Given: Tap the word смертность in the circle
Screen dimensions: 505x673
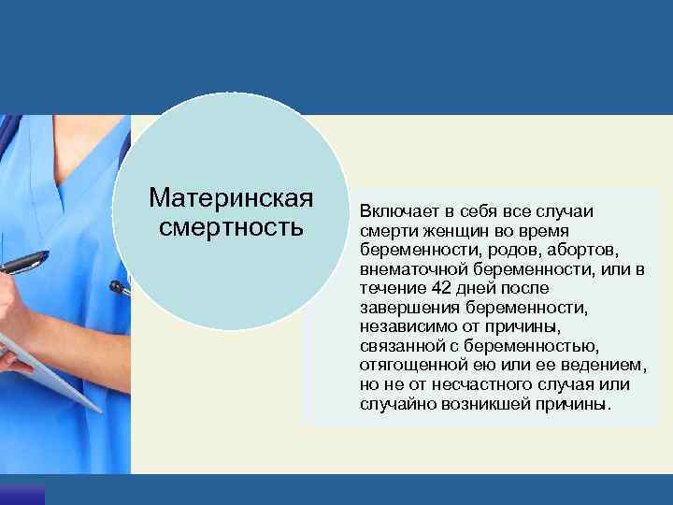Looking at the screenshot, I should [x=231, y=226].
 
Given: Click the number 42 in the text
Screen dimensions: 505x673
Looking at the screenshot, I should [x=427, y=289].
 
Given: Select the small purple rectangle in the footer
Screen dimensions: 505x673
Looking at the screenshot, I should [x=21, y=495].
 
